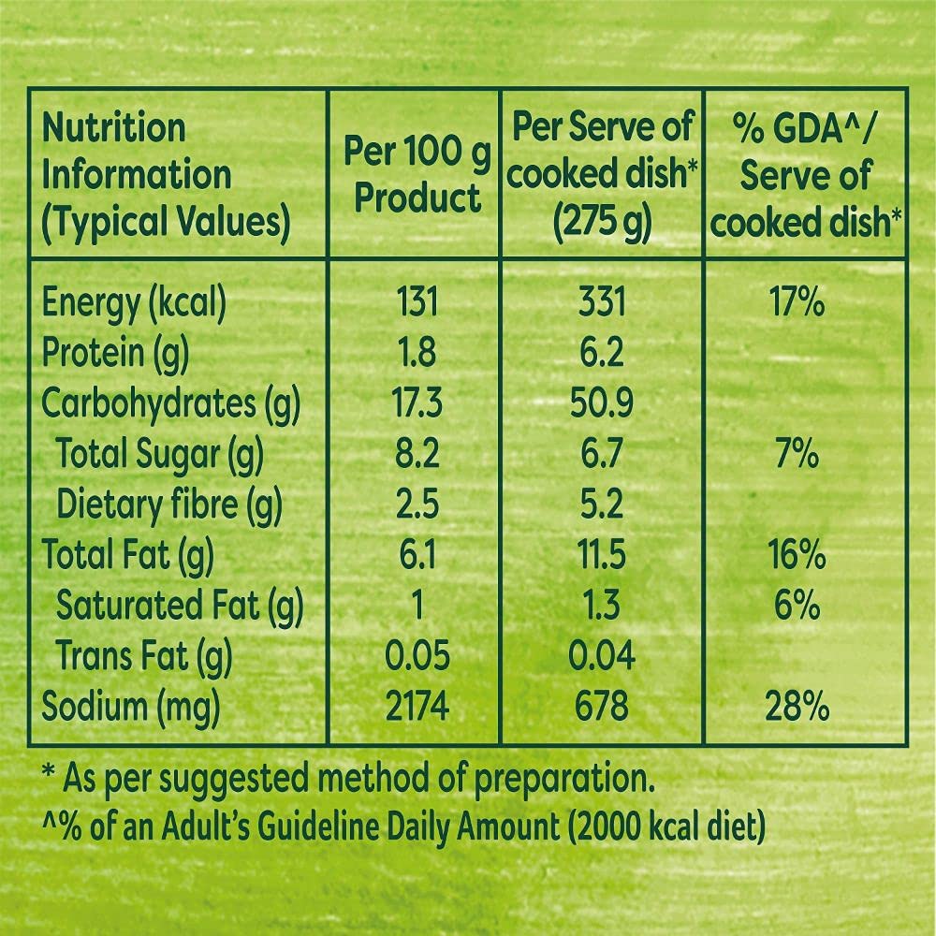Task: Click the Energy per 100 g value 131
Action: click(x=416, y=302)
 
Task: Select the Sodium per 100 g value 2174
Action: click(x=417, y=707)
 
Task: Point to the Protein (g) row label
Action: click(x=116, y=354)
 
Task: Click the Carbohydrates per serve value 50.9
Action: click(x=601, y=404)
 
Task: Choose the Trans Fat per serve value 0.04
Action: click(x=601, y=656)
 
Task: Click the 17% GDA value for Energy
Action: click(x=797, y=302)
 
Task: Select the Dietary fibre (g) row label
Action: click(x=169, y=505)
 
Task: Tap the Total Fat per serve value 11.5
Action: click(x=601, y=556)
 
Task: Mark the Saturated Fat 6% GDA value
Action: click(x=797, y=607)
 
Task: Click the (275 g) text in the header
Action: click(x=601, y=223)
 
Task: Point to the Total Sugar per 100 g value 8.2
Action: click(x=416, y=455)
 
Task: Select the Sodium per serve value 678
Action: click(x=601, y=707)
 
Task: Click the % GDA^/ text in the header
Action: click(x=802, y=127)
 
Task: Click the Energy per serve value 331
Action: click(x=601, y=302)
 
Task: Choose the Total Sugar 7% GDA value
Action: click(x=797, y=455)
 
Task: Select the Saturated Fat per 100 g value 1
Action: click(x=416, y=607)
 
